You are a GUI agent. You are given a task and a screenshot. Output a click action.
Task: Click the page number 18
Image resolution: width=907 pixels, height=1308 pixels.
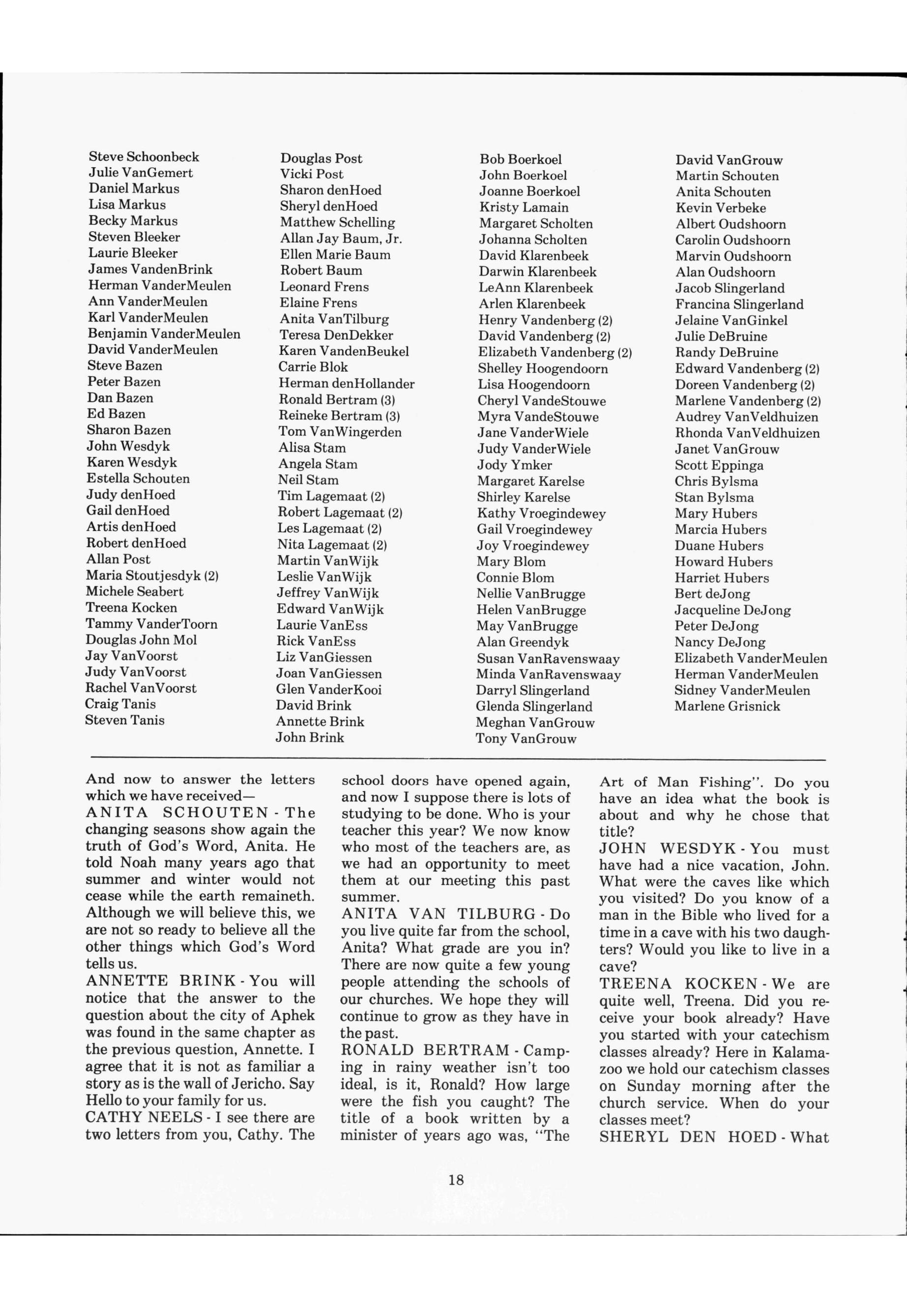(x=456, y=1180)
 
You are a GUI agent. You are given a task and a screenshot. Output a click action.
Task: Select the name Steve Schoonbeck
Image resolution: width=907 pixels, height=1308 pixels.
(x=144, y=157)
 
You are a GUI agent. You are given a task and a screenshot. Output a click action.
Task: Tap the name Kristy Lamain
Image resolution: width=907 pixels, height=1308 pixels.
(x=524, y=208)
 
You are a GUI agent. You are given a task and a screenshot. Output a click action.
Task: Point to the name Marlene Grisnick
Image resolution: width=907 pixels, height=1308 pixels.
(x=727, y=706)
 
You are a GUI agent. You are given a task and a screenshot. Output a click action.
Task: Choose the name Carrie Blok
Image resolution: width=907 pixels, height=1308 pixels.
(x=313, y=367)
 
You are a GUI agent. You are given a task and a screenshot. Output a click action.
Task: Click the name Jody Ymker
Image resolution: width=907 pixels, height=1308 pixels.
(x=514, y=465)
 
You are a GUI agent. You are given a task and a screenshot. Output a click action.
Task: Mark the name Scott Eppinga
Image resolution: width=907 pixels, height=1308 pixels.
(x=719, y=465)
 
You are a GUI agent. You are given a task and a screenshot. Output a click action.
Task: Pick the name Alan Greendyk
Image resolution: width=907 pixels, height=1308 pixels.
(x=522, y=642)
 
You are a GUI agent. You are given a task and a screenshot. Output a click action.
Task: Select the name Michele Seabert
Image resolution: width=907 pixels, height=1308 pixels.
(x=135, y=591)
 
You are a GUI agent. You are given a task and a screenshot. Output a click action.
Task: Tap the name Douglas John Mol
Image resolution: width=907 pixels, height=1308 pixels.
(x=141, y=640)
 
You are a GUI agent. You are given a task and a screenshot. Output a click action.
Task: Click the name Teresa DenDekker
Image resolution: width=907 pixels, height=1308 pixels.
(x=336, y=335)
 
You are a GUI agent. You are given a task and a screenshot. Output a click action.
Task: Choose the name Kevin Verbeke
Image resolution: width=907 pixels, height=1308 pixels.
(x=721, y=208)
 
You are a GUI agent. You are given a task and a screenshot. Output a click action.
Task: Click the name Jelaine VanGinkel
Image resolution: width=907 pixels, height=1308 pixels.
(x=731, y=320)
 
